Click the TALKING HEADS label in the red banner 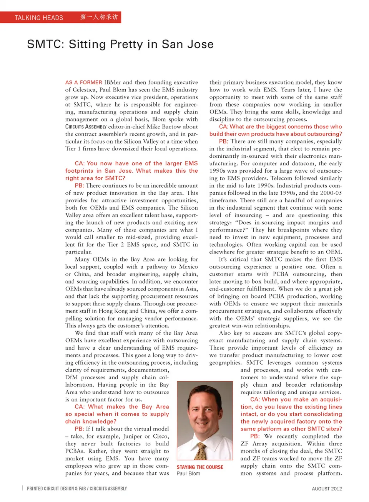(39, 18)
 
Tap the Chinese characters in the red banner (99, 17)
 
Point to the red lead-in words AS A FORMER (83, 82)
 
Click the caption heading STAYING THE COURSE (200, 467)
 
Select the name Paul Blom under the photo (188, 474)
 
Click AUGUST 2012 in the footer (327, 489)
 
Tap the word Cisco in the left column (161, 436)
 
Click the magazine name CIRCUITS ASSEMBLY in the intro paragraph (86, 127)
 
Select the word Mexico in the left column (188, 267)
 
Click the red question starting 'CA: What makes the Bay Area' (117, 414)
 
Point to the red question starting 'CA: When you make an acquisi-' (291, 414)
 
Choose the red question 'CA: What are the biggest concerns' (276, 130)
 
